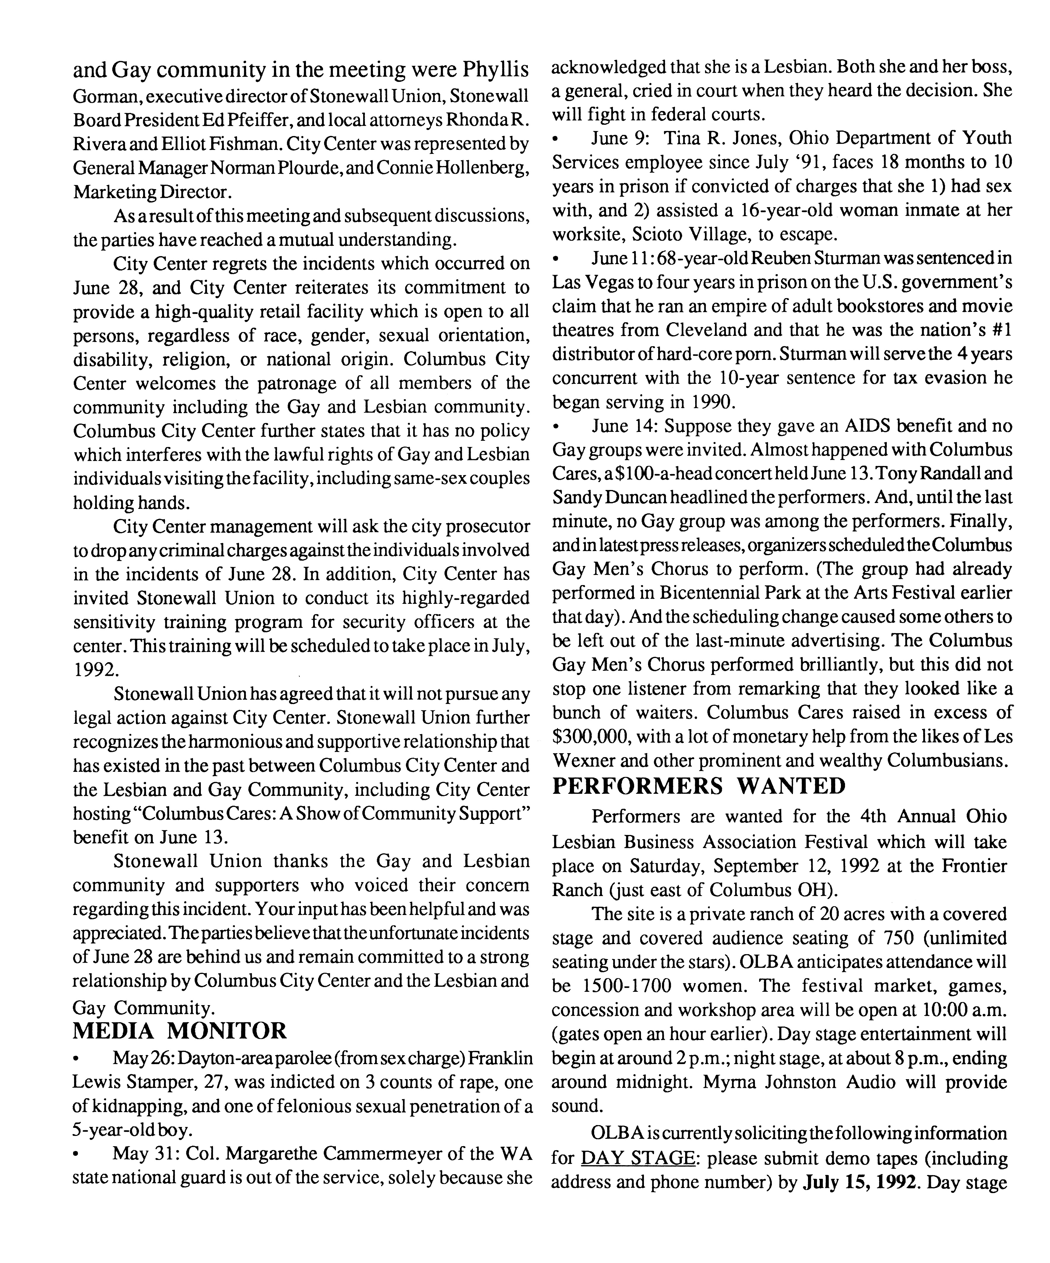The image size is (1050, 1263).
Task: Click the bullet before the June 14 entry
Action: [556, 427]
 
